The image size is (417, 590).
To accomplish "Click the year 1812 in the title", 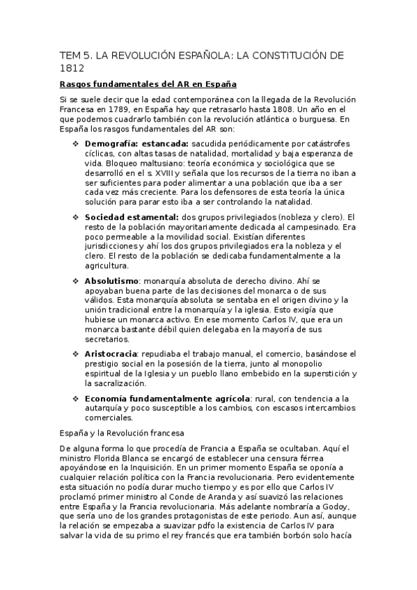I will coord(72,68).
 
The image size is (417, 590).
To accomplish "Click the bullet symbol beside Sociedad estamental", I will coord(77,216).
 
